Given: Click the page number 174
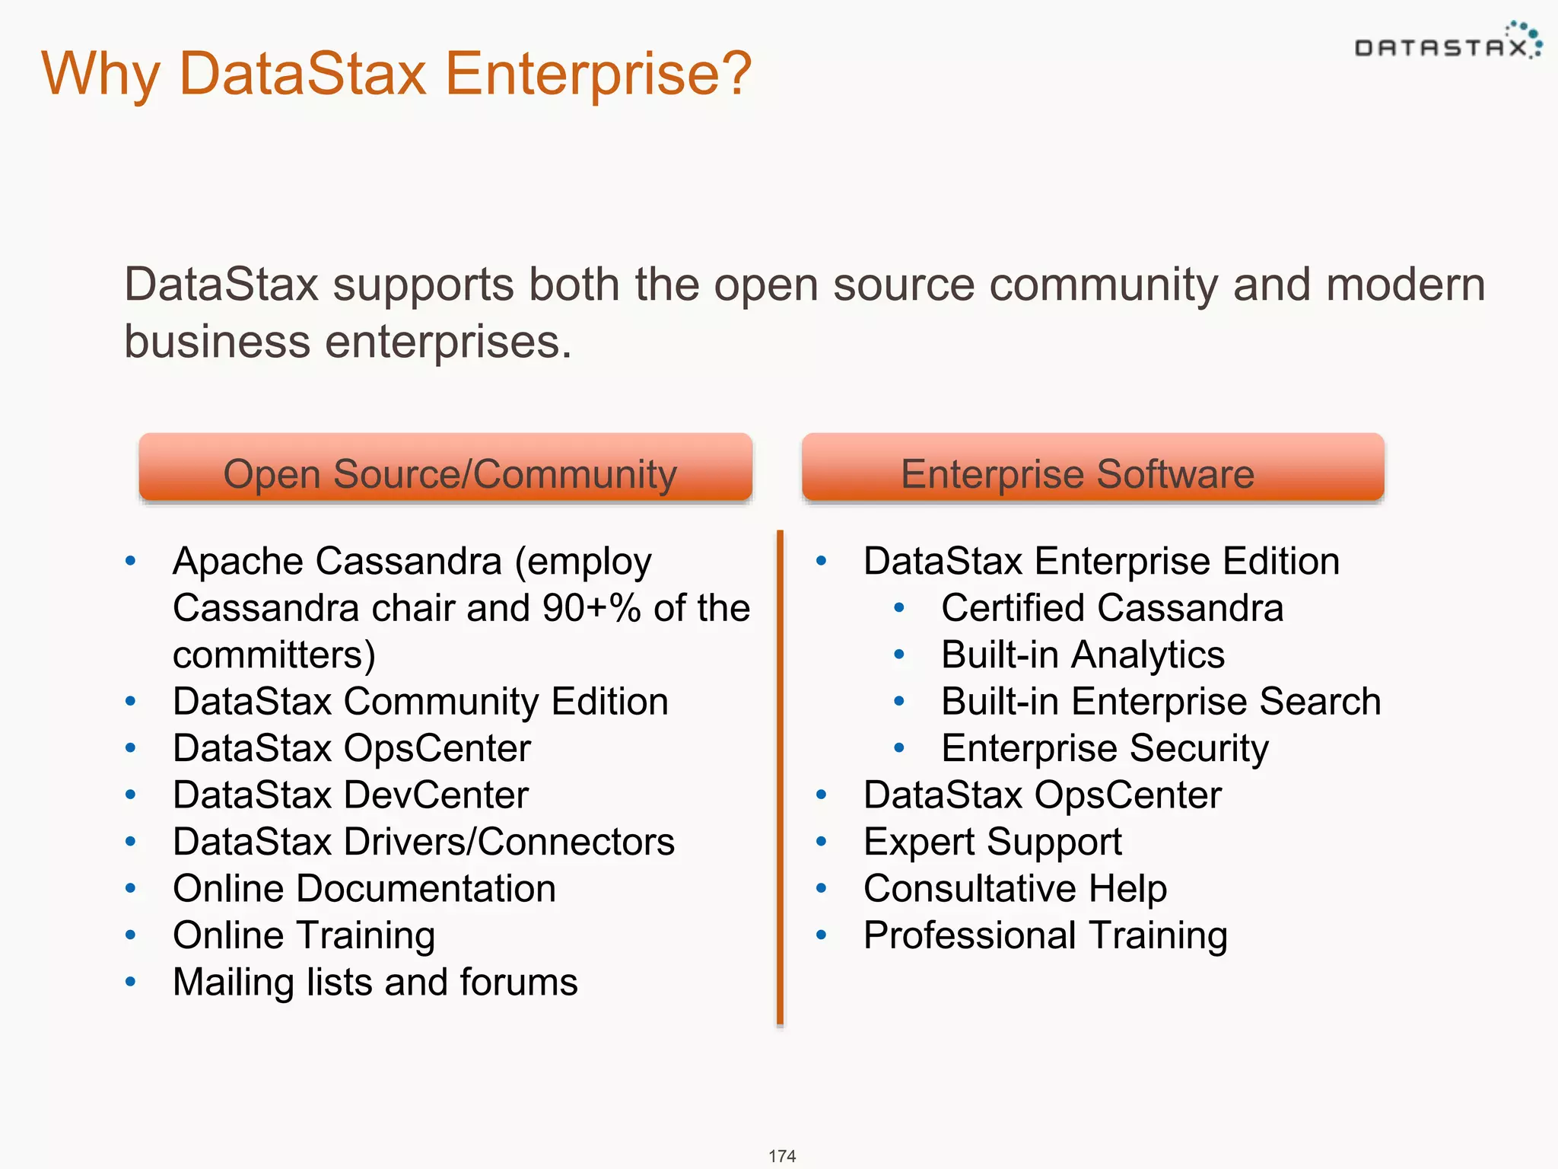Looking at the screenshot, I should (x=782, y=1155).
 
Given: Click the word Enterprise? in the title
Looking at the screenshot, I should (x=598, y=74).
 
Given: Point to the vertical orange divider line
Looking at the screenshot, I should (x=780, y=776).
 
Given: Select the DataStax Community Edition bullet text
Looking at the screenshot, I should (x=420, y=702).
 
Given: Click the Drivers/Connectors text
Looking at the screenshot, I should (x=508, y=843).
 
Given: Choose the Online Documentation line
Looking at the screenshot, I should (x=364, y=889).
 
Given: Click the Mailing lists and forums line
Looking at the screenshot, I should (x=374, y=983).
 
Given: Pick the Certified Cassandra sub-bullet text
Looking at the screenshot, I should (x=1111, y=608).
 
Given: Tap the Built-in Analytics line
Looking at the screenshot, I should (x=1082, y=655).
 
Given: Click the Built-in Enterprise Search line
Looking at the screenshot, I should (x=1160, y=702).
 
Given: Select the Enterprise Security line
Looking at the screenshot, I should (x=1104, y=749).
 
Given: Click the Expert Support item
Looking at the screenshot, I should (x=992, y=843).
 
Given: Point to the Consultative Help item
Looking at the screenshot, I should (x=1015, y=889).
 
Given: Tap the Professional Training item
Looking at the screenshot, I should (x=1045, y=936).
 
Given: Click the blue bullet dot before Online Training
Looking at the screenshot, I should (x=131, y=935).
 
